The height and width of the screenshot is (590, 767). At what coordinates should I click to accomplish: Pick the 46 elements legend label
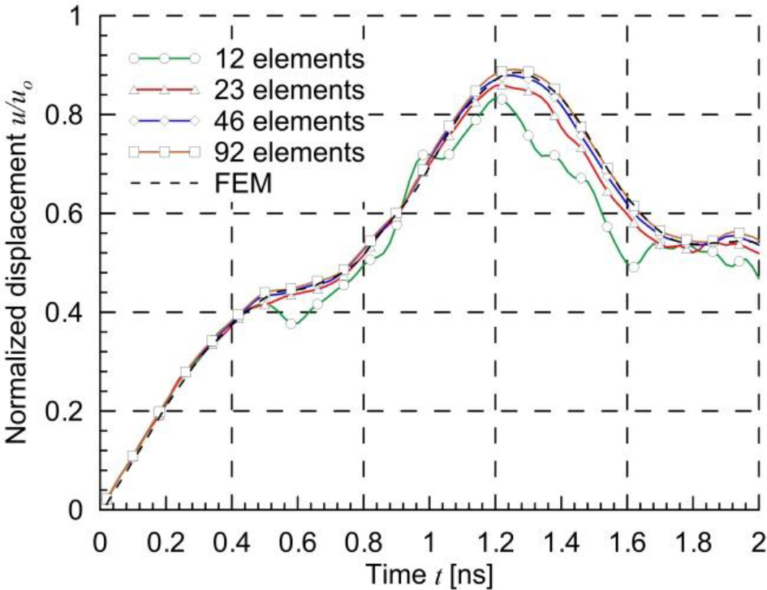tap(287, 120)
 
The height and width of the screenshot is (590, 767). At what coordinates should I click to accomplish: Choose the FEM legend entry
tap(243, 184)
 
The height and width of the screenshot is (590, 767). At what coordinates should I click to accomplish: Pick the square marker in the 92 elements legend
tap(164, 151)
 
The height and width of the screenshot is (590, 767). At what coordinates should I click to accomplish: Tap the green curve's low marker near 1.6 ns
tap(633, 267)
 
